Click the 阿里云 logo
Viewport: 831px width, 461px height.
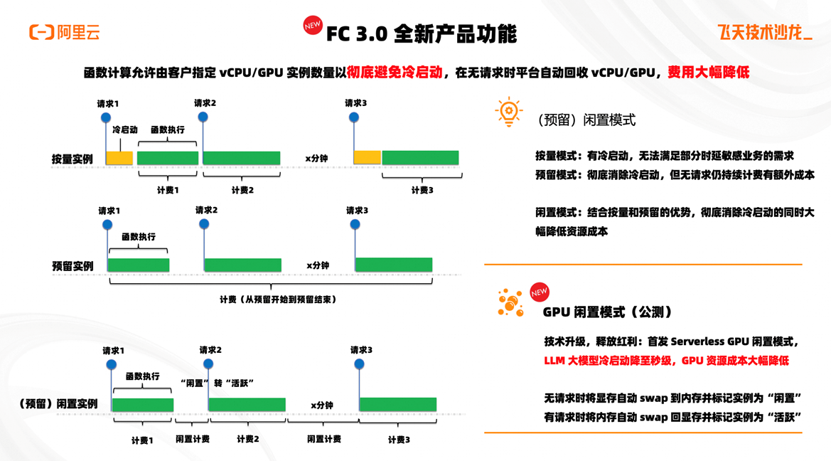click(x=64, y=32)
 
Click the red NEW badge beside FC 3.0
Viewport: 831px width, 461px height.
click(x=312, y=26)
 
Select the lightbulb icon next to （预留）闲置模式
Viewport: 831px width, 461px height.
click(x=509, y=112)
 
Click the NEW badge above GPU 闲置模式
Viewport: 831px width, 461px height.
click(x=540, y=292)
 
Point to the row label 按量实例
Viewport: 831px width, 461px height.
click(x=73, y=159)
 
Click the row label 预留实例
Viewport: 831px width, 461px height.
click(x=73, y=266)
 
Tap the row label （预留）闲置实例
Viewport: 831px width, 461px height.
click(x=58, y=404)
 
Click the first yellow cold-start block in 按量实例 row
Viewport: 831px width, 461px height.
click(x=119, y=158)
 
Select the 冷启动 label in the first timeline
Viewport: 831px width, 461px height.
click(x=125, y=130)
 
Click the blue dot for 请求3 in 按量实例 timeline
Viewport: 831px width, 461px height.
click(x=354, y=117)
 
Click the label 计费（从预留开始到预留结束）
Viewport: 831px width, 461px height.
click(x=278, y=300)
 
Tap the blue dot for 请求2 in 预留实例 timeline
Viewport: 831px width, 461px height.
click(x=204, y=224)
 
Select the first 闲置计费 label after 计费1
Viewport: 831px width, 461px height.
click(x=192, y=440)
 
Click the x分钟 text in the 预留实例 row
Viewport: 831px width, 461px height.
click(x=318, y=265)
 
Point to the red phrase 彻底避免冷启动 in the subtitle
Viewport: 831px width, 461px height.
click(x=395, y=73)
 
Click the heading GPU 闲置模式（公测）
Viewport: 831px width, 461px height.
click(x=607, y=312)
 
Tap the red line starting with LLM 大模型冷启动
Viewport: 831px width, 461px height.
click(x=666, y=361)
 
